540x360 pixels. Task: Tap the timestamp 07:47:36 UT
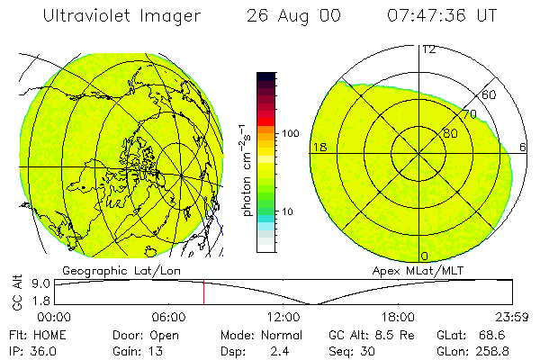point(441,16)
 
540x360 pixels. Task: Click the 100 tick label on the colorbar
point(291,133)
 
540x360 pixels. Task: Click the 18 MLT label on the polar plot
point(319,147)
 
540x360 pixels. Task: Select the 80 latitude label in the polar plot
point(450,133)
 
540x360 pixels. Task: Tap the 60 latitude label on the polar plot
point(490,94)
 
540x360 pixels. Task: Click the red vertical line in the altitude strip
point(203,292)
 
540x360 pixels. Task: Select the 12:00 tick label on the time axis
point(283,317)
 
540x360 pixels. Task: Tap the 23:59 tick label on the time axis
point(511,317)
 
